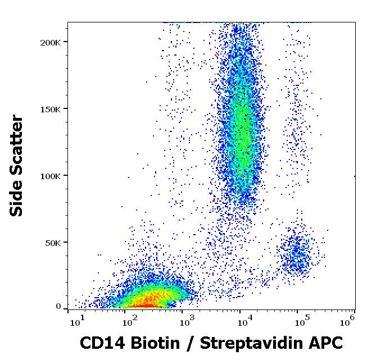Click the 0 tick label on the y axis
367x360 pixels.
(x=58, y=307)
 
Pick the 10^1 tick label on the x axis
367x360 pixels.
(x=78, y=321)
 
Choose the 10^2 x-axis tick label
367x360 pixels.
(x=130, y=321)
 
